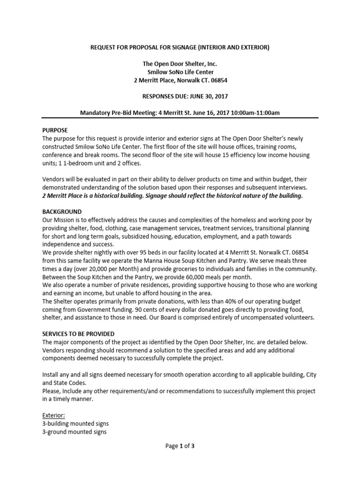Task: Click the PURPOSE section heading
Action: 55,130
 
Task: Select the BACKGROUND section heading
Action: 62,212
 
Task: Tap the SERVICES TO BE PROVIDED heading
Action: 78,334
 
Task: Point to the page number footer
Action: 180,446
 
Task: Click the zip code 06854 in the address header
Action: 218,80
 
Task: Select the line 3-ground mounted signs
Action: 75,432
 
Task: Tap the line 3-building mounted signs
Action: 75,424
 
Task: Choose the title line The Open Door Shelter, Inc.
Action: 180,64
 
